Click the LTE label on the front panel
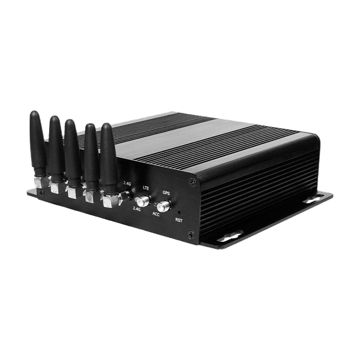click(x=146, y=188)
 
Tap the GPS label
click(x=166, y=193)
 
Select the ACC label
click(x=156, y=214)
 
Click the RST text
click(x=179, y=220)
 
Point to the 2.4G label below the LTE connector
click(x=137, y=209)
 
